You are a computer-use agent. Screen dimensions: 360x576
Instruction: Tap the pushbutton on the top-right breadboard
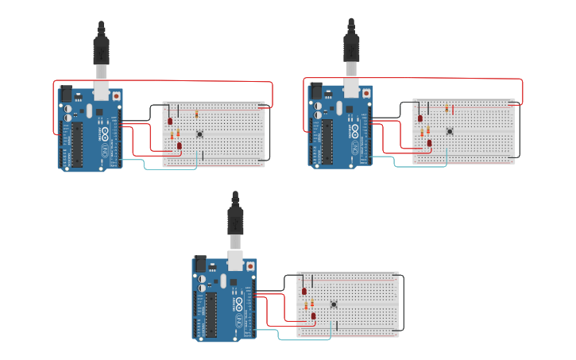(x=450, y=131)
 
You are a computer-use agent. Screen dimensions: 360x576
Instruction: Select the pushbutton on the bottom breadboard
(x=334, y=304)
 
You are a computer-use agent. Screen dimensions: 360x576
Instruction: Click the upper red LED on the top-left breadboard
(x=170, y=121)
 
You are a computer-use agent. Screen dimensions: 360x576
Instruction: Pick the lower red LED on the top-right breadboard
(x=430, y=143)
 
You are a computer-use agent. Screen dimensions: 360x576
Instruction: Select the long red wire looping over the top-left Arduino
(x=159, y=81)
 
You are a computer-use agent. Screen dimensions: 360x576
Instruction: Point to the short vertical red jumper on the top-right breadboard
(x=453, y=110)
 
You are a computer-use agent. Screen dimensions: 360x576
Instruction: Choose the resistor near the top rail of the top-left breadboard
(x=196, y=114)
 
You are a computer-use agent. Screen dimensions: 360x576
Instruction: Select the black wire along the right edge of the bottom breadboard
(x=403, y=302)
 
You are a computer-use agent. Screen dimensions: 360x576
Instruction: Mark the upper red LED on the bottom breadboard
(x=304, y=292)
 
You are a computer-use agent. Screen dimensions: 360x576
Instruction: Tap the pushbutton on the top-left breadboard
(x=199, y=134)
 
